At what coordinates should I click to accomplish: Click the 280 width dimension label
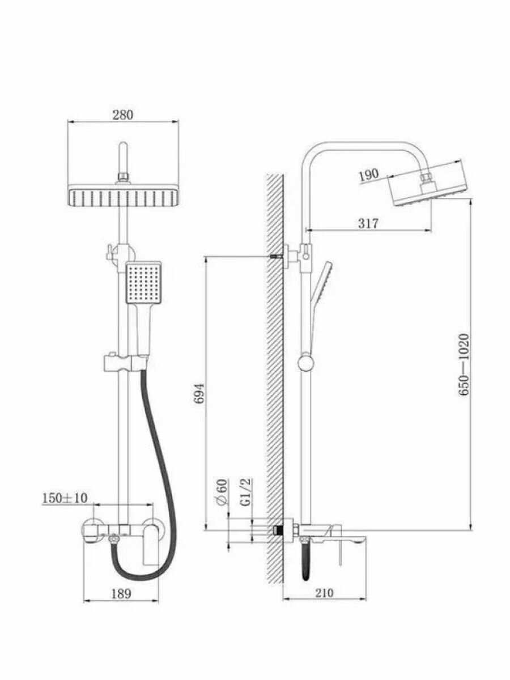122,115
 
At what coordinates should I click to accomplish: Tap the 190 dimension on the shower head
368,175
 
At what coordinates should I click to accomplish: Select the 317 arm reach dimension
368,223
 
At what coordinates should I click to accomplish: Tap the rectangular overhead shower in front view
122,197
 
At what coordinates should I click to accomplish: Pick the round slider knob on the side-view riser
306,362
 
